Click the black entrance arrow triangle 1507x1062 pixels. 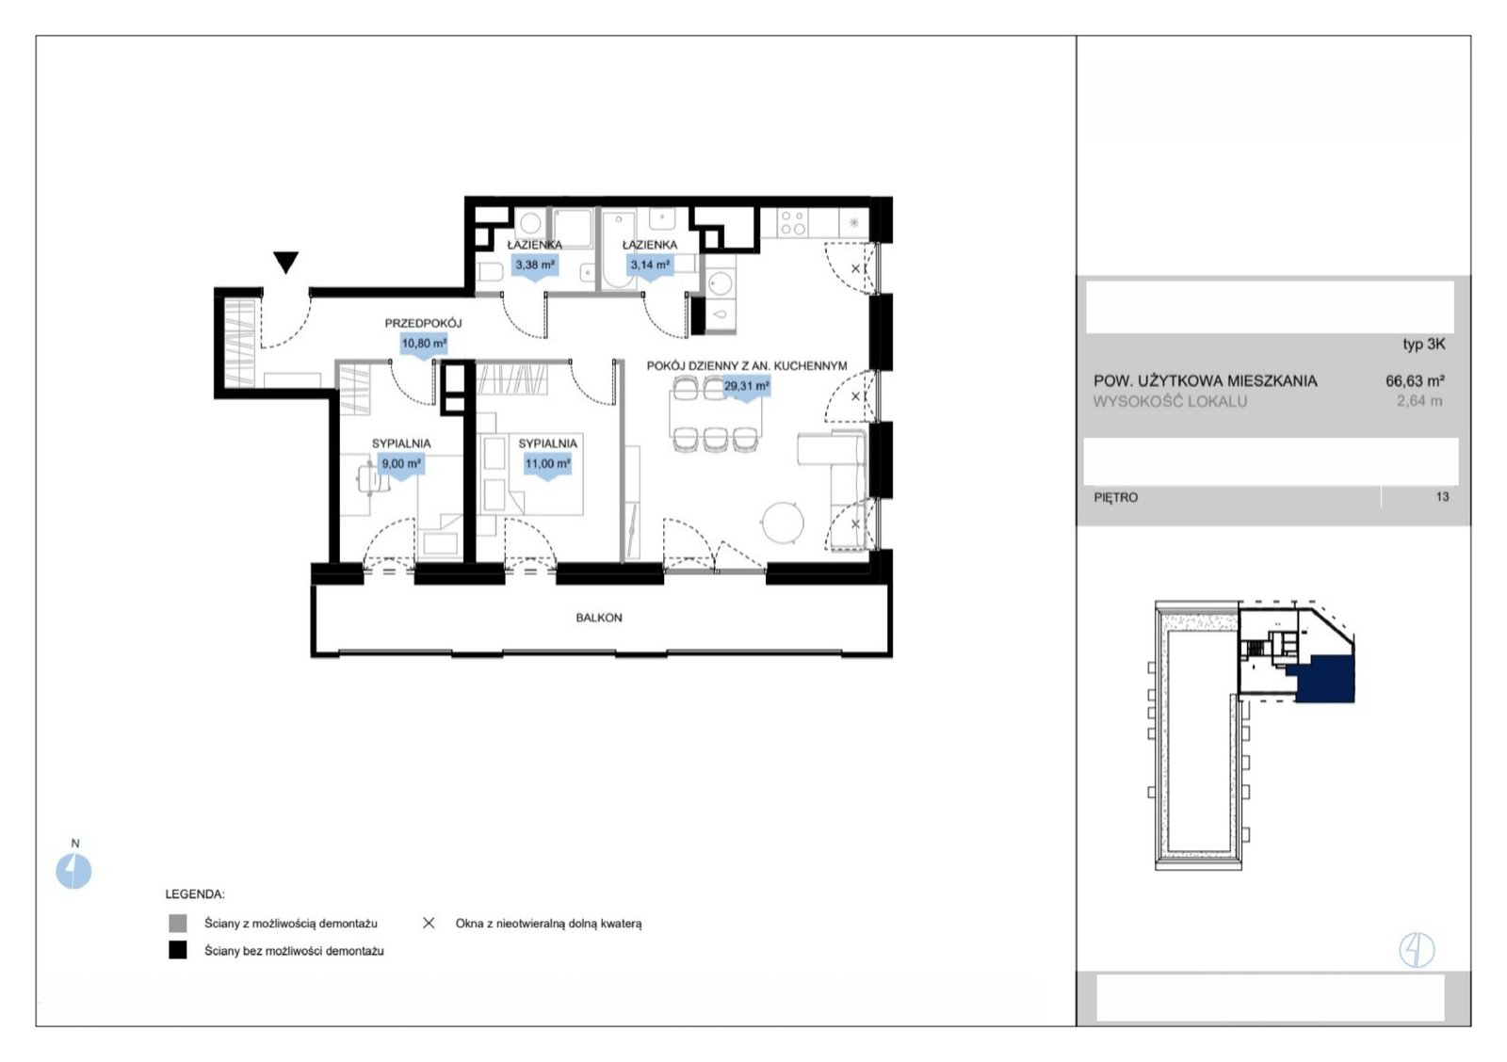coord(286,262)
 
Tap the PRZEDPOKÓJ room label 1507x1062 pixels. coord(423,324)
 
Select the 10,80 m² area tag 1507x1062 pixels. coord(424,345)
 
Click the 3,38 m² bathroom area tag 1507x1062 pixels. coord(535,265)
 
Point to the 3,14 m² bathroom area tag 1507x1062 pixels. coord(649,265)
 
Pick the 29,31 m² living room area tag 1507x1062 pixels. coord(746,387)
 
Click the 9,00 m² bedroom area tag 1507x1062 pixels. coord(401,464)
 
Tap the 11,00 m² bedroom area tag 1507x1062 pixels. coord(547,464)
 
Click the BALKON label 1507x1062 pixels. coord(599,618)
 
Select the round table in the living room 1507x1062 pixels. coord(783,523)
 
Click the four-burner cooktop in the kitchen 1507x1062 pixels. coord(792,222)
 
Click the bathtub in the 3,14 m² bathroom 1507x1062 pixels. coord(618,250)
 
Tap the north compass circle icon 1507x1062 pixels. coord(73,871)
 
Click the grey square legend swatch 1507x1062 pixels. coord(178,923)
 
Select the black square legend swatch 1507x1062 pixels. coord(178,950)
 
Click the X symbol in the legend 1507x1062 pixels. coord(429,923)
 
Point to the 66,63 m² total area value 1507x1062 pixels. coord(1415,380)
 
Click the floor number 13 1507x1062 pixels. coord(1442,497)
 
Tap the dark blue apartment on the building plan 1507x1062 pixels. coord(1324,680)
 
